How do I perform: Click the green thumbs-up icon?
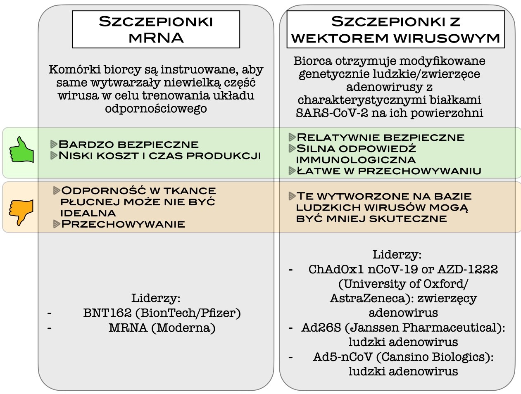21,151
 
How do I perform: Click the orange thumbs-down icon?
21,212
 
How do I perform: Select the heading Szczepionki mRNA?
156,29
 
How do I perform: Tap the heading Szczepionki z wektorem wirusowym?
395,29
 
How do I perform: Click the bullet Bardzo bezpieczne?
128,144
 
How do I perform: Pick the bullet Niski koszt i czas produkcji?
159,156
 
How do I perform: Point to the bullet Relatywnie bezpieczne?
380,137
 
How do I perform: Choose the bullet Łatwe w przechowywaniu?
388,171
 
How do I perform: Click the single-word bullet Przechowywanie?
123,224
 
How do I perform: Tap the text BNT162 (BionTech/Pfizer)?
162,313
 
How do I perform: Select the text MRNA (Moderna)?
162,328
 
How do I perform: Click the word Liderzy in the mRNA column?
155,298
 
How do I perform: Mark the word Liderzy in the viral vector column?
397,254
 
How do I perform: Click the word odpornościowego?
155,109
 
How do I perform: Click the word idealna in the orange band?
82,213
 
